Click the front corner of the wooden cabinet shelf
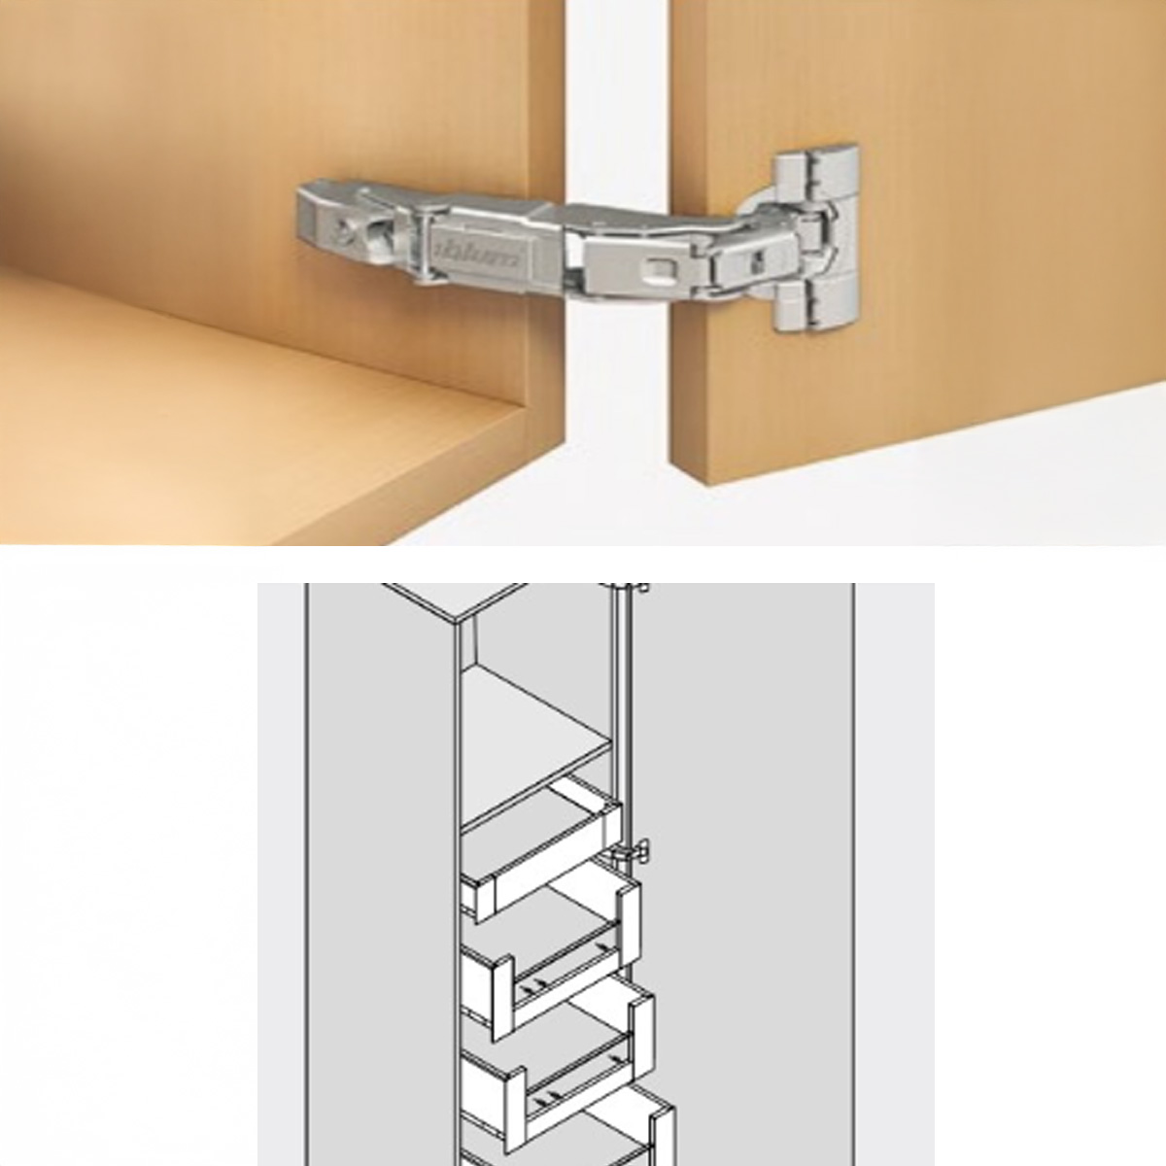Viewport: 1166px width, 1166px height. pos(526,411)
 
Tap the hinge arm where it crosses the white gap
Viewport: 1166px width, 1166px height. pos(617,242)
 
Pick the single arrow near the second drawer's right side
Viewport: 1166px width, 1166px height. pos(602,946)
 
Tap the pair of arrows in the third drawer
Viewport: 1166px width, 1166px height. pos(548,1114)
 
